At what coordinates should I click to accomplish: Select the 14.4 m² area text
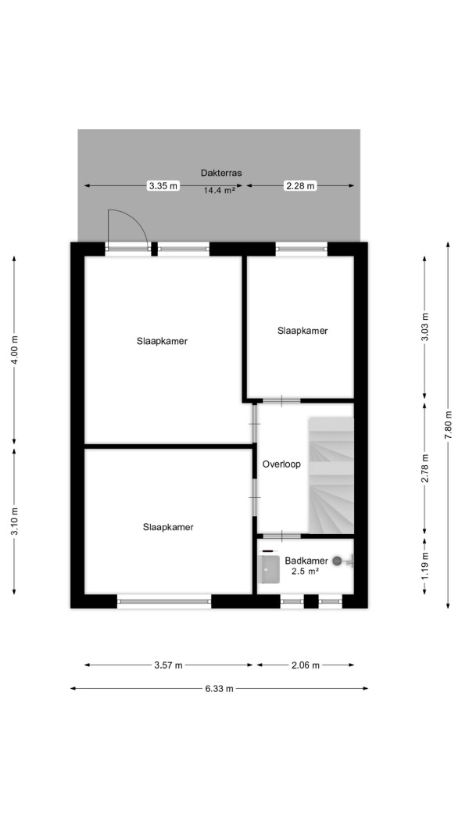pos(219,191)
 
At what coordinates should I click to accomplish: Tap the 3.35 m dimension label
pos(163,185)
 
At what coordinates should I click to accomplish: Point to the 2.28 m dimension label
pos(300,185)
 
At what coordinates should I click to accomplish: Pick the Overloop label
pos(281,464)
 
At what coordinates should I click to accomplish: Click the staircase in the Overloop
pos(331,475)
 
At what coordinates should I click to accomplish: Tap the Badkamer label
pos(306,561)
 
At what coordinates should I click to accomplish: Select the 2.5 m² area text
pos(306,572)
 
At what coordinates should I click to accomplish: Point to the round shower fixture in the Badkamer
pos(337,561)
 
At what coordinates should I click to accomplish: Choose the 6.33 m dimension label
pos(219,689)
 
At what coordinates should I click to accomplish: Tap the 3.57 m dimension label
pos(168,665)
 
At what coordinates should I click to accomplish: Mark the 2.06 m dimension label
pos(305,665)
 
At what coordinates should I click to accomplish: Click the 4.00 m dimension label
pos(14,350)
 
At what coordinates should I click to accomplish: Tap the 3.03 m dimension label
pos(424,327)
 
